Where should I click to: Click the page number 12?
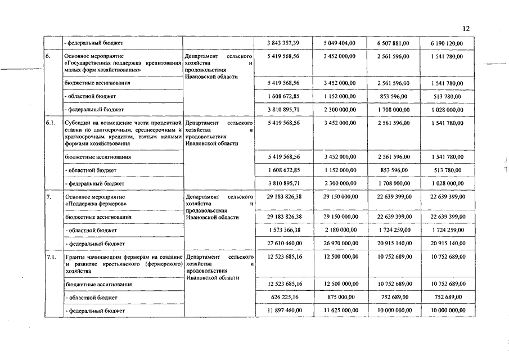coord(466,29)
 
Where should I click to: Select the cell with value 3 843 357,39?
coord(284,43)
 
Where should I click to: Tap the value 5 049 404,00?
coord(340,43)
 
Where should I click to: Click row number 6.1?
coord(51,122)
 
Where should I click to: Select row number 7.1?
coord(51,256)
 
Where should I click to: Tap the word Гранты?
coord(75,256)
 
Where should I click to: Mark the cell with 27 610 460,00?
coord(284,244)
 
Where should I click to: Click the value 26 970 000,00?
coord(340,244)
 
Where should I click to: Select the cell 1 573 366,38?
coord(284,230)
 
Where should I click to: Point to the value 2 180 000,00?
coord(340,230)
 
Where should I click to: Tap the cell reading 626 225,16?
coord(284,297)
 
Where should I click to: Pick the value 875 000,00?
coord(340,297)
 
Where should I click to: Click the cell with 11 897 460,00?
coord(284,310)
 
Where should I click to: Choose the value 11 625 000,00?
coord(340,310)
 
